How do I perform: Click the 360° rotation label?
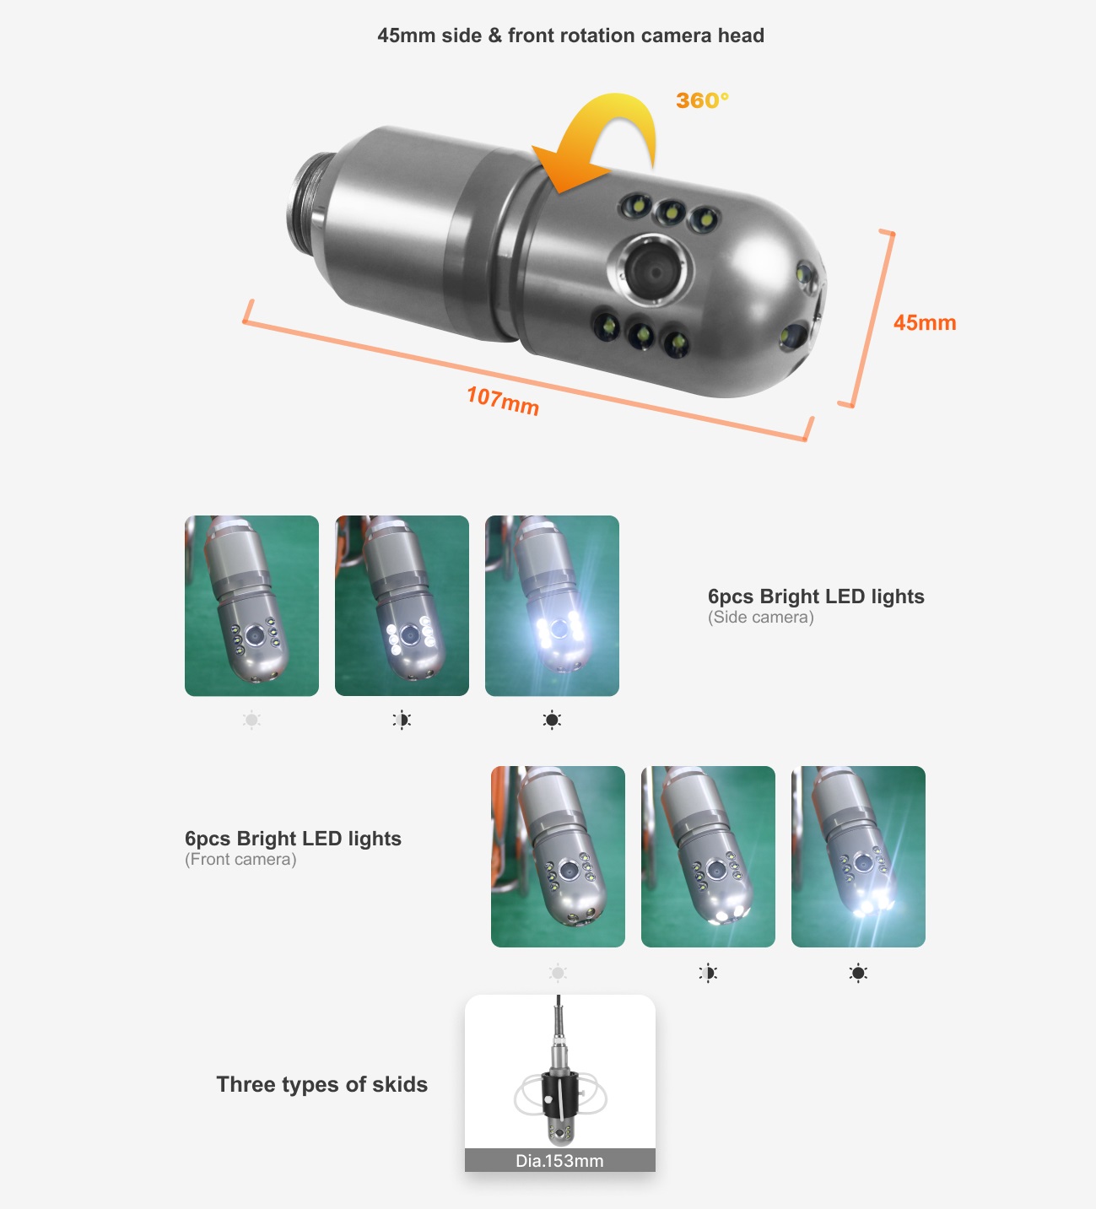pyautogui.click(x=701, y=100)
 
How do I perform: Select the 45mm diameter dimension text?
pyautogui.click(x=924, y=323)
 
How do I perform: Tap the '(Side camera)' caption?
pyautogui.click(x=760, y=618)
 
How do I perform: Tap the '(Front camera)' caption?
pyautogui.click(x=240, y=860)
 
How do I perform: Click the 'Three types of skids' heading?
pyautogui.click(x=321, y=1084)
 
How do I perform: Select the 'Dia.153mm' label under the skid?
pyautogui.click(x=559, y=1161)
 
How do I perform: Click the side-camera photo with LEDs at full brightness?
pyautogui.click(x=552, y=606)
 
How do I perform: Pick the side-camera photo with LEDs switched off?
pyautogui.click(x=251, y=606)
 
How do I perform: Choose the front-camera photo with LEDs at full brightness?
pyautogui.click(x=858, y=856)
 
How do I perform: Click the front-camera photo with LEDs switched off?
pyautogui.click(x=558, y=856)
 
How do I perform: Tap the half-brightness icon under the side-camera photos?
pyautogui.click(x=402, y=720)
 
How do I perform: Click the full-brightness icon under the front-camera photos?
pyautogui.click(x=858, y=973)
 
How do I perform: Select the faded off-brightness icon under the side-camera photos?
pyautogui.click(x=251, y=720)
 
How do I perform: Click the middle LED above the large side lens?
pyautogui.click(x=671, y=213)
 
